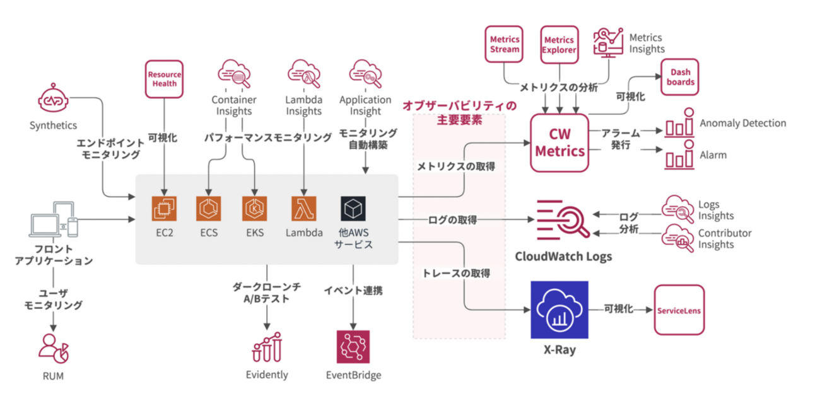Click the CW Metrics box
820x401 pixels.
pyautogui.click(x=558, y=142)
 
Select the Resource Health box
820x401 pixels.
pyautogui.click(x=164, y=79)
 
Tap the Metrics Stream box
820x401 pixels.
pyautogui.click(x=505, y=44)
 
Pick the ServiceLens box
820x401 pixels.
pyautogui.click(x=679, y=310)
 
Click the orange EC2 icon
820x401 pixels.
pyautogui.click(x=165, y=208)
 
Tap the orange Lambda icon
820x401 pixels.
pyautogui.click(x=303, y=208)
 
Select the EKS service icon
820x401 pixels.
pyautogui.click(x=255, y=208)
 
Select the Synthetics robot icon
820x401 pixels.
pyautogui.click(x=53, y=100)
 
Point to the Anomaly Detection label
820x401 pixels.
pyautogui.click(x=742, y=124)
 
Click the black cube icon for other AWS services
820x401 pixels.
pyautogui.click(x=353, y=208)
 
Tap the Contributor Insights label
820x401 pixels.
pyautogui.click(x=725, y=238)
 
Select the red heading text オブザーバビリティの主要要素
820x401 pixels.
pyautogui.click(x=459, y=112)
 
